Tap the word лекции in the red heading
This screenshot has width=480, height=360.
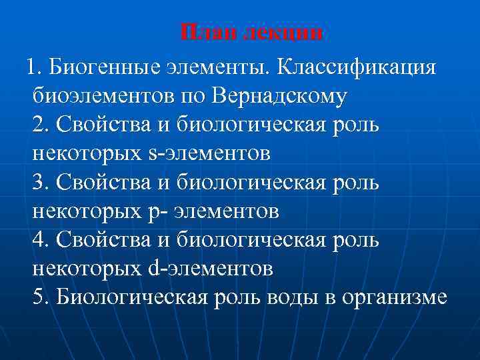click(283, 33)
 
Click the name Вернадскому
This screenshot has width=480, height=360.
click(280, 96)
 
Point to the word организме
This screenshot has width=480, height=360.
click(393, 297)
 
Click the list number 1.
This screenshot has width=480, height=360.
click(33, 67)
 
